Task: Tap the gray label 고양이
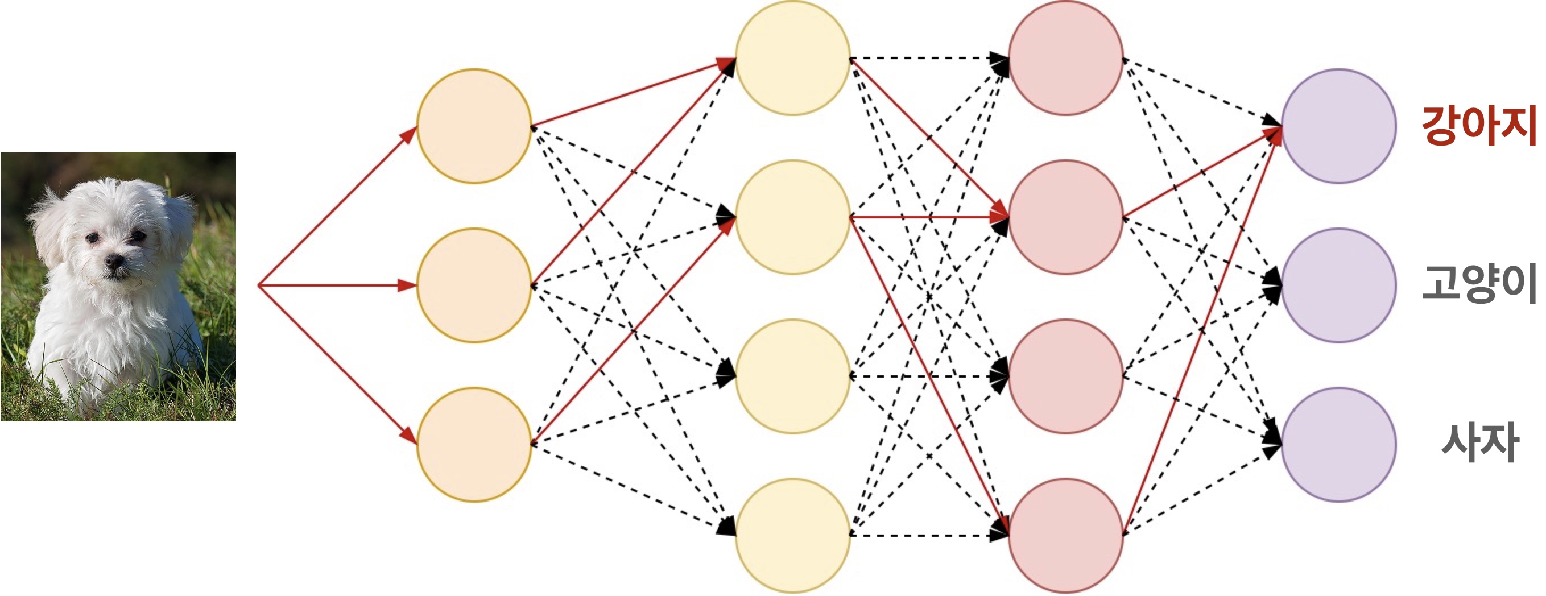[x=1478, y=283]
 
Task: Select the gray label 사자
[x=1480, y=442]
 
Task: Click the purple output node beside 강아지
[x=1338, y=126]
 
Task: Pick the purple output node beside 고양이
[x=1338, y=285]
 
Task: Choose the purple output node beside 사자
[x=1338, y=444]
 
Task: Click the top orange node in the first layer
[x=474, y=126]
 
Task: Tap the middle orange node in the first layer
[x=474, y=285]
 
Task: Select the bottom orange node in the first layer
[x=474, y=444]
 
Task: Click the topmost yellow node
[x=792, y=57]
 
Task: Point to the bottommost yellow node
[x=792, y=535]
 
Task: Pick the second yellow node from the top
[x=792, y=217]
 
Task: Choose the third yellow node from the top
[x=792, y=376]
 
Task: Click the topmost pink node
[x=1065, y=57]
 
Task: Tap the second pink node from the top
[x=1065, y=217]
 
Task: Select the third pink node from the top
[x=1065, y=376]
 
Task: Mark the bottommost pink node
[x=1065, y=535]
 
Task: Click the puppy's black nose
[x=113, y=261]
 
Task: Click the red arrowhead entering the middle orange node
[x=408, y=285]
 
